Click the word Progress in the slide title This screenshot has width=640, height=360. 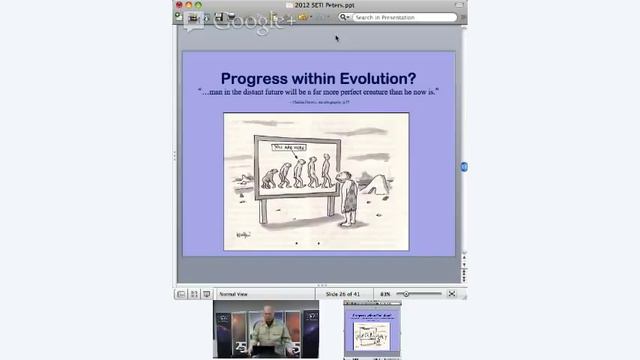(x=257, y=78)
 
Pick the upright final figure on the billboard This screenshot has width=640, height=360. (x=326, y=171)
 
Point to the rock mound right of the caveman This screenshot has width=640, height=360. (x=377, y=184)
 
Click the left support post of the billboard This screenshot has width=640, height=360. (x=263, y=210)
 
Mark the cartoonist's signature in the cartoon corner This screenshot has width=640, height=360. (x=242, y=235)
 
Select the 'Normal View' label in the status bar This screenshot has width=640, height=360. (x=233, y=294)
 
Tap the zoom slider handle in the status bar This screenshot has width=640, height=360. (x=407, y=294)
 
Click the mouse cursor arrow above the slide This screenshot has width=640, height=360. (x=337, y=39)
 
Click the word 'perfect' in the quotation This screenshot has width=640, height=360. (x=346, y=92)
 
